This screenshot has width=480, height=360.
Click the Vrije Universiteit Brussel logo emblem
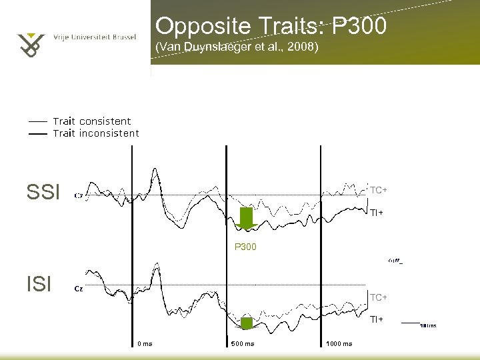[30, 44]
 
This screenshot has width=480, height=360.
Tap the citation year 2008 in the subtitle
[304, 48]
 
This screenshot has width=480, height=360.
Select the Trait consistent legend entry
[91, 121]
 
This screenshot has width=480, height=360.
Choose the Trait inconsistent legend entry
[95, 133]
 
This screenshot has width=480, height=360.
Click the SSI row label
[43, 193]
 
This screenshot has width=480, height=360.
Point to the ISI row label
[39, 285]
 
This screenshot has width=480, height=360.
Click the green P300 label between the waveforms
[245, 247]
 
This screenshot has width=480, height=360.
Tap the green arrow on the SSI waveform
[247, 219]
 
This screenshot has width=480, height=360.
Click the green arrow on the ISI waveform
[247, 323]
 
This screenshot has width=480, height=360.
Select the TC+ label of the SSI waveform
[379, 191]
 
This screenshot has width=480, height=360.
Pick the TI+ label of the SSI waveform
[377, 213]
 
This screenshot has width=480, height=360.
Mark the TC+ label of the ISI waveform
[379, 297]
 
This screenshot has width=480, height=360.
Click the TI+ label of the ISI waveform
[377, 319]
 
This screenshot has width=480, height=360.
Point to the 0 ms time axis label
[145, 344]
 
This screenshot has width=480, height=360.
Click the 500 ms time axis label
[243, 344]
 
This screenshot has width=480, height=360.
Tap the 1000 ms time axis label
[339, 344]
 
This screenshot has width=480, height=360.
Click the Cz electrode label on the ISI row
[79, 289]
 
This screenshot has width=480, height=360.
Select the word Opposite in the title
[193, 27]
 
